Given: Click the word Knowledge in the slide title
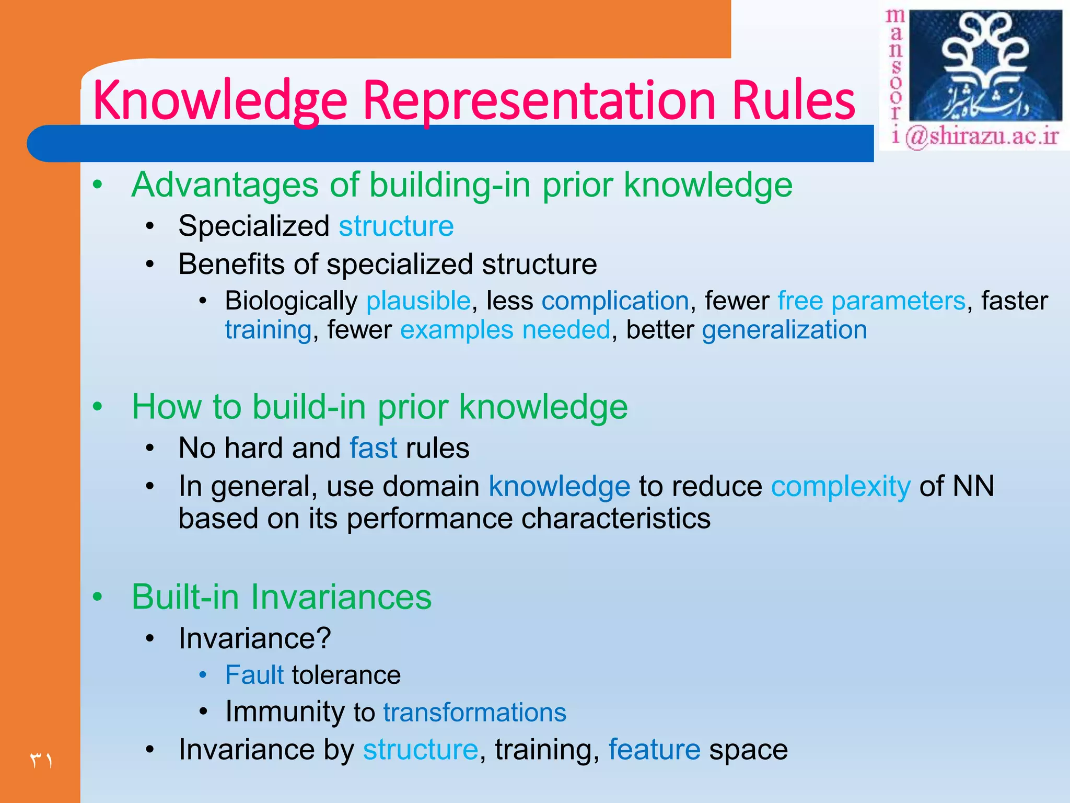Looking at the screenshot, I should click(219, 100).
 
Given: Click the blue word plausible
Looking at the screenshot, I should click(418, 301).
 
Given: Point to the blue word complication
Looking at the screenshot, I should click(615, 301).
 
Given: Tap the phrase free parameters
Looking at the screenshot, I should click(871, 301).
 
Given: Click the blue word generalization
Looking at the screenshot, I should click(784, 330).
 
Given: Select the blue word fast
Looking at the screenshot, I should click(373, 448).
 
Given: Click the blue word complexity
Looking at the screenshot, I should click(841, 486).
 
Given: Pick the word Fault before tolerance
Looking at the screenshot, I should click(254, 675).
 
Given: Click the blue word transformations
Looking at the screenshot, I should click(474, 713).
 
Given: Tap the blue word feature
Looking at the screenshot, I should click(654, 750).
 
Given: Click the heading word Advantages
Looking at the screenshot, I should click(225, 186).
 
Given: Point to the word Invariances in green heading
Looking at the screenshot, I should click(341, 597).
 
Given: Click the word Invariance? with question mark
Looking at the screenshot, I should click(254, 638).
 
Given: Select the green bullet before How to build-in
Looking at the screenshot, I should click(97, 407).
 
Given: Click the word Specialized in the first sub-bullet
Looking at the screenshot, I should click(253, 226).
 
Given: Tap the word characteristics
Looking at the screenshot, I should click(616, 519).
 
